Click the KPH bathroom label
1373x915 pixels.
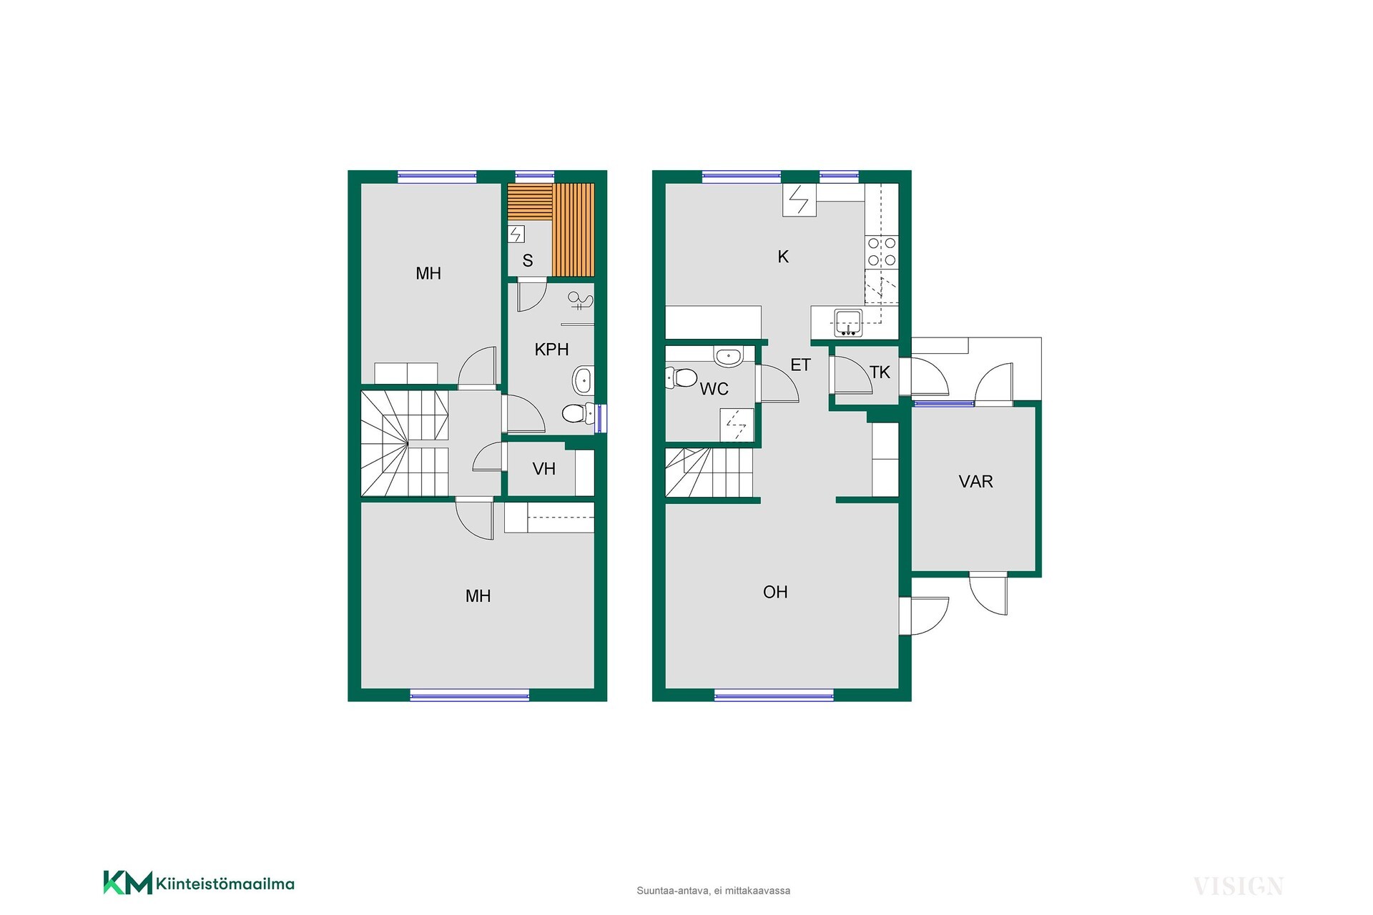tap(551, 350)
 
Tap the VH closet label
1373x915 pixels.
tap(544, 469)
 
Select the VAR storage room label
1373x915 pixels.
tap(975, 482)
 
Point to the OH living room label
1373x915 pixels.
tap(775, 592)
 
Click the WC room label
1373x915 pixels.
tap(714, 389)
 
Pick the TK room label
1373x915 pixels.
tap(880, 372)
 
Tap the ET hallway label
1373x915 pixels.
tap(800, 365)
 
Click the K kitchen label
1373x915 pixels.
tap(783, 257)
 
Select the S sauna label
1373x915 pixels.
tap(528, 261)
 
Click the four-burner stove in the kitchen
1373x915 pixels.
tap(882, 252)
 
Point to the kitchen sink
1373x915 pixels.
tap(849, 323)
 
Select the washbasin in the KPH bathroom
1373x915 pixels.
tap(583, 381)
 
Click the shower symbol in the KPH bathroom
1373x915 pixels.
tap(580, 301)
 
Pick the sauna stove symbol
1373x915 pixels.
tap(516, 234)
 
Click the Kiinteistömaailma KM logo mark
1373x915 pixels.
tap(128, 883)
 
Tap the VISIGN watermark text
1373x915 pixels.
tap(1238, 886)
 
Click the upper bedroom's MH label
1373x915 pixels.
tap(428, 273)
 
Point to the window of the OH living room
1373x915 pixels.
tap(774, 695)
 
